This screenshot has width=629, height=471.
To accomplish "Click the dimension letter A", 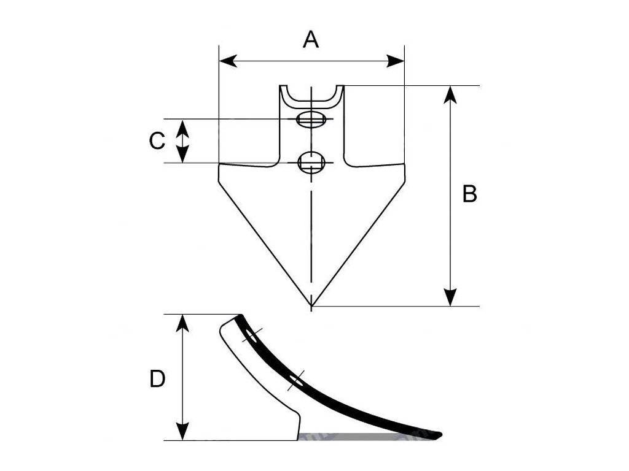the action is [x=311, y=40].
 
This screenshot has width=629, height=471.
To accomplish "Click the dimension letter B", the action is [x=469, y=194].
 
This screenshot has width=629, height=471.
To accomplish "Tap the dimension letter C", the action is [x=157, y=141].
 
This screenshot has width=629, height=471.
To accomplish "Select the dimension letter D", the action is [x=157, y=380].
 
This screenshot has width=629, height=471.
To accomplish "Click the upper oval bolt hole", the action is [x=311, y=119].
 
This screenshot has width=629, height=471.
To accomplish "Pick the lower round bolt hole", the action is [x=311, y=163].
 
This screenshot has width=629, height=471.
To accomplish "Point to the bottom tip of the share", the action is [x=311, y=305].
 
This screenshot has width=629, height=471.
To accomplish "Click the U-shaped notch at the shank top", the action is [x=311, y=95].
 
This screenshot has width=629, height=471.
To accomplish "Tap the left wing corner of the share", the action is [x=221, y=166].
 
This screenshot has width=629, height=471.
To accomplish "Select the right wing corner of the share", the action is [x=404, y=166].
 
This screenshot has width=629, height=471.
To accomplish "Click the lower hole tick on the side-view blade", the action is [x=297, y=380].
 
